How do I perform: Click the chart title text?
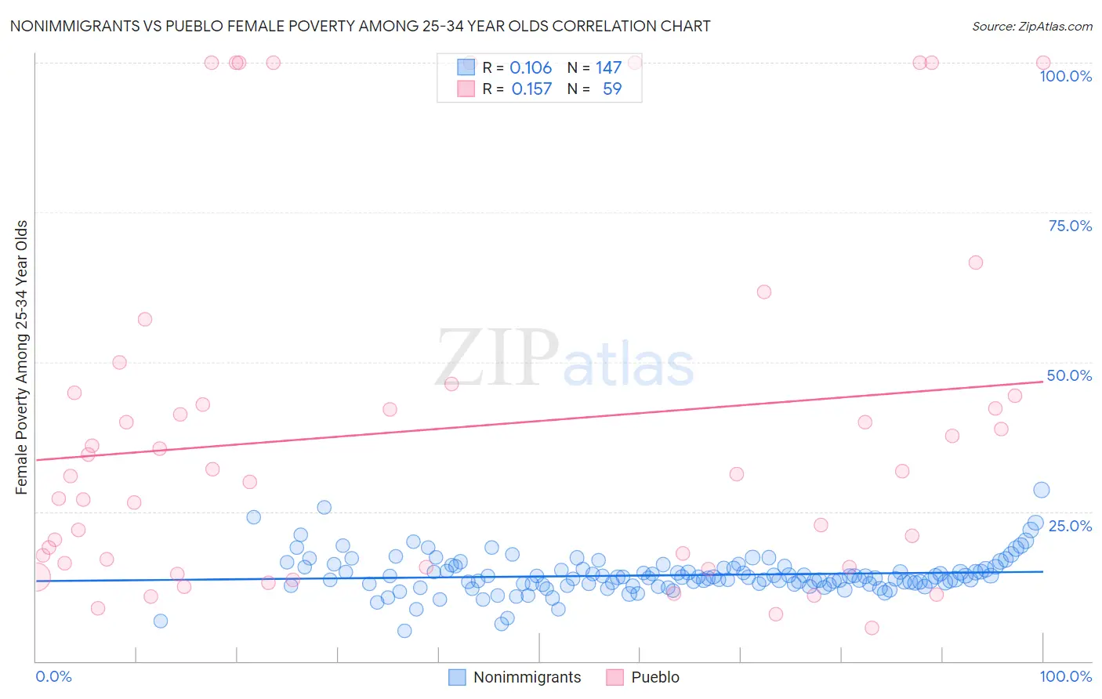[360, 26]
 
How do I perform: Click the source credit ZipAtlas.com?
[1031, 27]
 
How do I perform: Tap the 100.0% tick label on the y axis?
[1065, 76]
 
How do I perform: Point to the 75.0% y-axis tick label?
[1070, 226]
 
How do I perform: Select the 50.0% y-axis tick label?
[1069, 375]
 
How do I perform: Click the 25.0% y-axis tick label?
[1070, 526]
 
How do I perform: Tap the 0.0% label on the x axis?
[53, 676]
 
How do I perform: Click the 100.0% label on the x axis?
[1065, 676]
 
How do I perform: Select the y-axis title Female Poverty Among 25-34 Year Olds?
[22, 357]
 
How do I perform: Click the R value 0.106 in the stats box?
[531, 68]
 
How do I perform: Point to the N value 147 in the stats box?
[608, 68]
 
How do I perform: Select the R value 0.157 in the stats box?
[531, 89]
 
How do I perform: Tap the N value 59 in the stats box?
[611, 89]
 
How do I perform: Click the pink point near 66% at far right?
[975, 263]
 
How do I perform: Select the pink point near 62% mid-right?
[764, 292]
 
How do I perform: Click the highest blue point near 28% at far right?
[1041, 490]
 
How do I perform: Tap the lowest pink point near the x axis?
[872, 628]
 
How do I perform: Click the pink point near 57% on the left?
[145, 319]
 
